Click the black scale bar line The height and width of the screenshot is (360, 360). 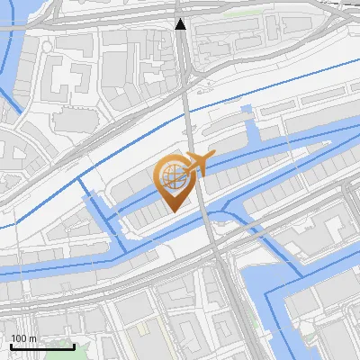tap(42, 346)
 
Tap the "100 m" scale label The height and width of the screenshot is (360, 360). tap(23, 338)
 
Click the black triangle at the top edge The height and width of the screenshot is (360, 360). tap(181, 24)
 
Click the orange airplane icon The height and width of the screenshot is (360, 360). tap(199, 165)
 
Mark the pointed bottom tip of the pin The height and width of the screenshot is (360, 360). tap(174, 211)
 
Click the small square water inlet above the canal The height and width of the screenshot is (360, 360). tap(247, 111)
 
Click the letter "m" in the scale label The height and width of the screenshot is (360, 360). tap(32, 338)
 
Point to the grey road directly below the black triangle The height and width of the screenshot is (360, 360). tap(184, 63)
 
